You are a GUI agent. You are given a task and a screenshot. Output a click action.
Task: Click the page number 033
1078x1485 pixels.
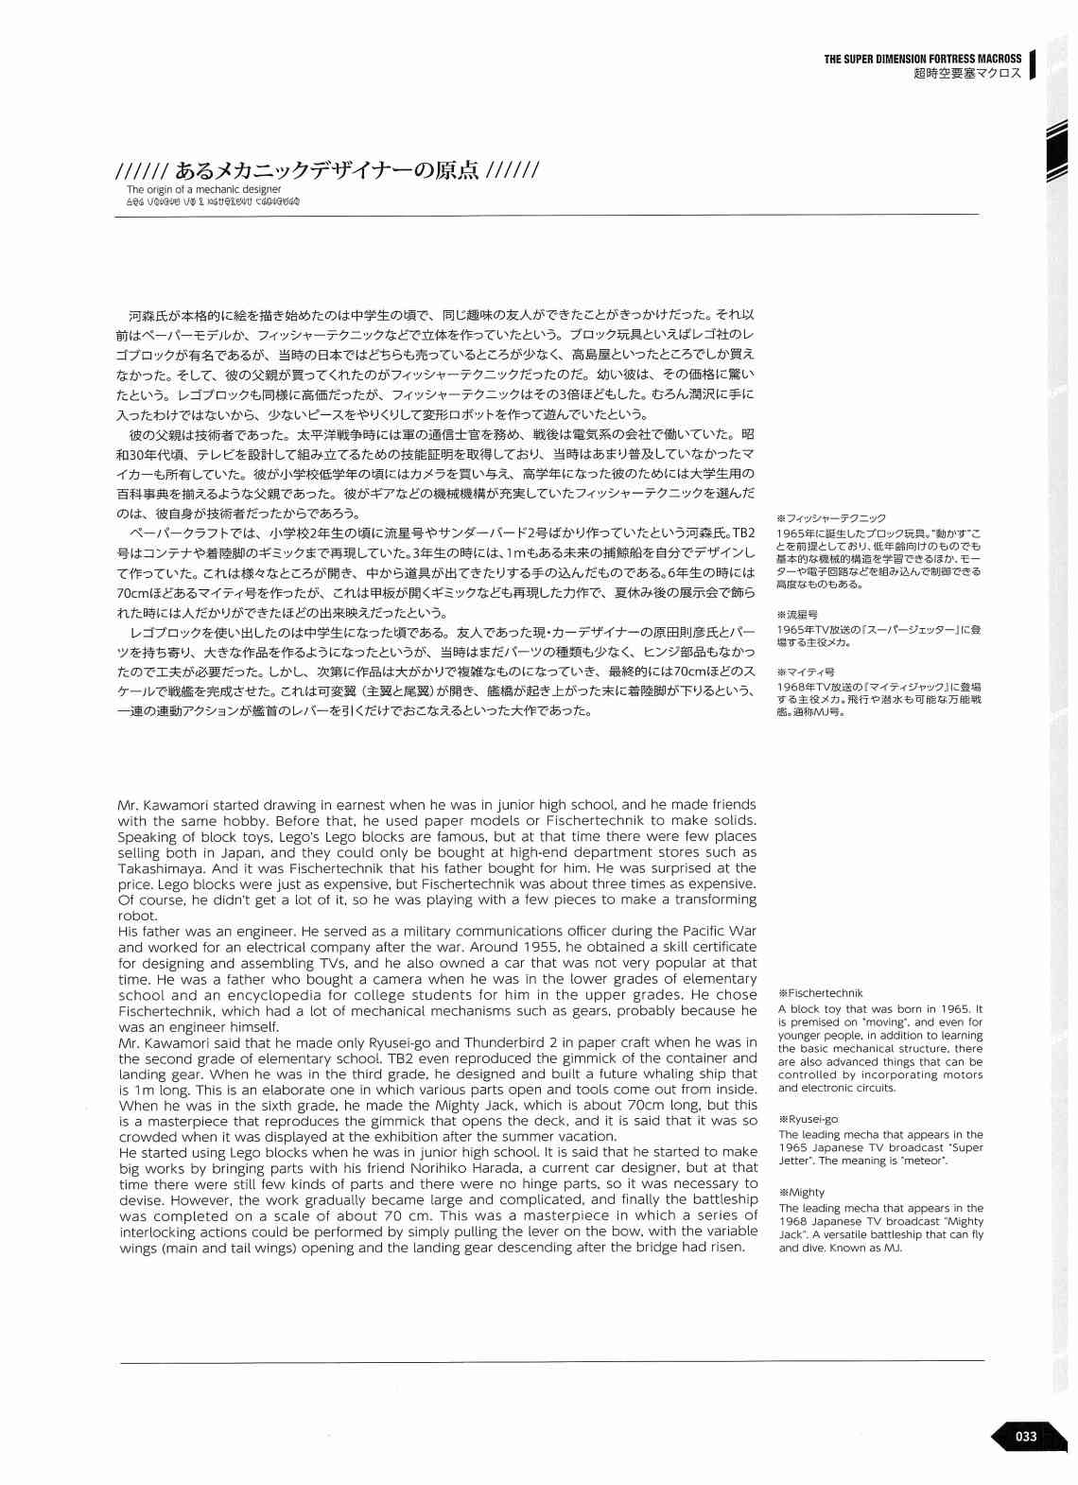click(1025, 1436)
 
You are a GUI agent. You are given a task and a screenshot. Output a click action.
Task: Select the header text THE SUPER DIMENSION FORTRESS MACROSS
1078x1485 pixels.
click(922, 59)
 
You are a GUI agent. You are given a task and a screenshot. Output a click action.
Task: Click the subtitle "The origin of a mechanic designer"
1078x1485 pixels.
click(203, 189)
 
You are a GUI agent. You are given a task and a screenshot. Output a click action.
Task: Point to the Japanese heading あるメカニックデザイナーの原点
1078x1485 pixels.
click(326, 170)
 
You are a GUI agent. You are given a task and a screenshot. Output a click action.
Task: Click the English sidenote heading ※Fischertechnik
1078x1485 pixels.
click(820, 993)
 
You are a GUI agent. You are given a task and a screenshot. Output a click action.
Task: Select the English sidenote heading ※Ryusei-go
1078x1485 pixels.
click(808, 1119)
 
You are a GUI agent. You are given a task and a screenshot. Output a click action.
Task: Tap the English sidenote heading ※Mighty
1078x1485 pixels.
click(802, 1192)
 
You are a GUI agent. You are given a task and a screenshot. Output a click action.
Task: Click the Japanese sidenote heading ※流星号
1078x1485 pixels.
click(797, 615)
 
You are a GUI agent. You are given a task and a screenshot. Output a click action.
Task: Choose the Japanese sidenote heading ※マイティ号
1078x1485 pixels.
click(805, 673)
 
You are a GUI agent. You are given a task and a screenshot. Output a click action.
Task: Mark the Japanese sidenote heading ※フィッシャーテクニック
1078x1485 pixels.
click(830, 518)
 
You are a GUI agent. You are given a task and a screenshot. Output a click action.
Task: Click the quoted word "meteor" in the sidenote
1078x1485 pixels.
click(926, 1161)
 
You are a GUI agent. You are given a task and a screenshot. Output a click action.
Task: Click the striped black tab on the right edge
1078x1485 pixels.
click(1057, 151)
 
